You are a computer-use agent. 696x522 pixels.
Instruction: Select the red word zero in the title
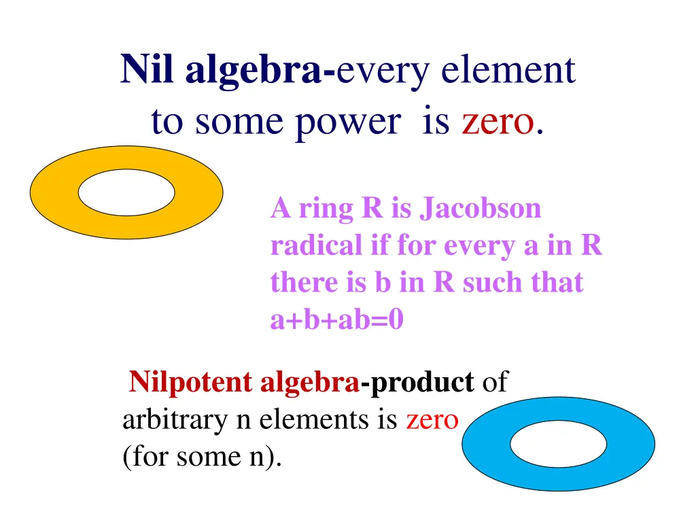tap(497, 122)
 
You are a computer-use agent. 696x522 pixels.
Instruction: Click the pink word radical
tap(316, 245)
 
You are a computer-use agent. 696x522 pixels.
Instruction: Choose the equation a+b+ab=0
tap(337, 319)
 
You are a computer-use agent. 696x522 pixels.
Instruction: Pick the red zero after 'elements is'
tap(432, 420)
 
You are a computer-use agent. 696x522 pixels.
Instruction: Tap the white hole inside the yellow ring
tap(126, 192)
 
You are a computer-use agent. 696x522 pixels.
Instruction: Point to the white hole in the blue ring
tap(558, 444)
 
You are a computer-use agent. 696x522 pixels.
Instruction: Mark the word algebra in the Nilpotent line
tap(310, 382)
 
